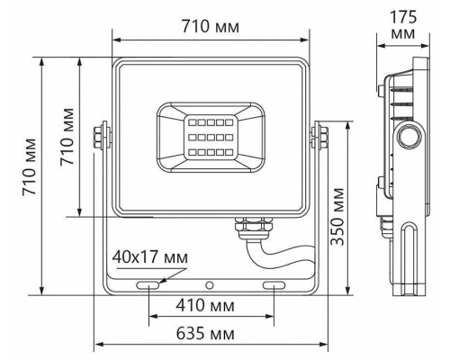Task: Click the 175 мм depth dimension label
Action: [x=403, y=25]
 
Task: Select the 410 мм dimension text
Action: [x=205, y=306]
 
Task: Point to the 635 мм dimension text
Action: [x=205, y=333]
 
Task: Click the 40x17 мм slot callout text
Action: [x=150, y=257]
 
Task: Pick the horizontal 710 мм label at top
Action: [x=211, y=26]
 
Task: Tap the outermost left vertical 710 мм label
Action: [x=30, y=166]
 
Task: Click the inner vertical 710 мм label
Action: [x=67, y=137]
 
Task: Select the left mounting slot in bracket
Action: [x=148, y=285]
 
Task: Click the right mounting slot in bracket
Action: [x=274, y=285]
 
